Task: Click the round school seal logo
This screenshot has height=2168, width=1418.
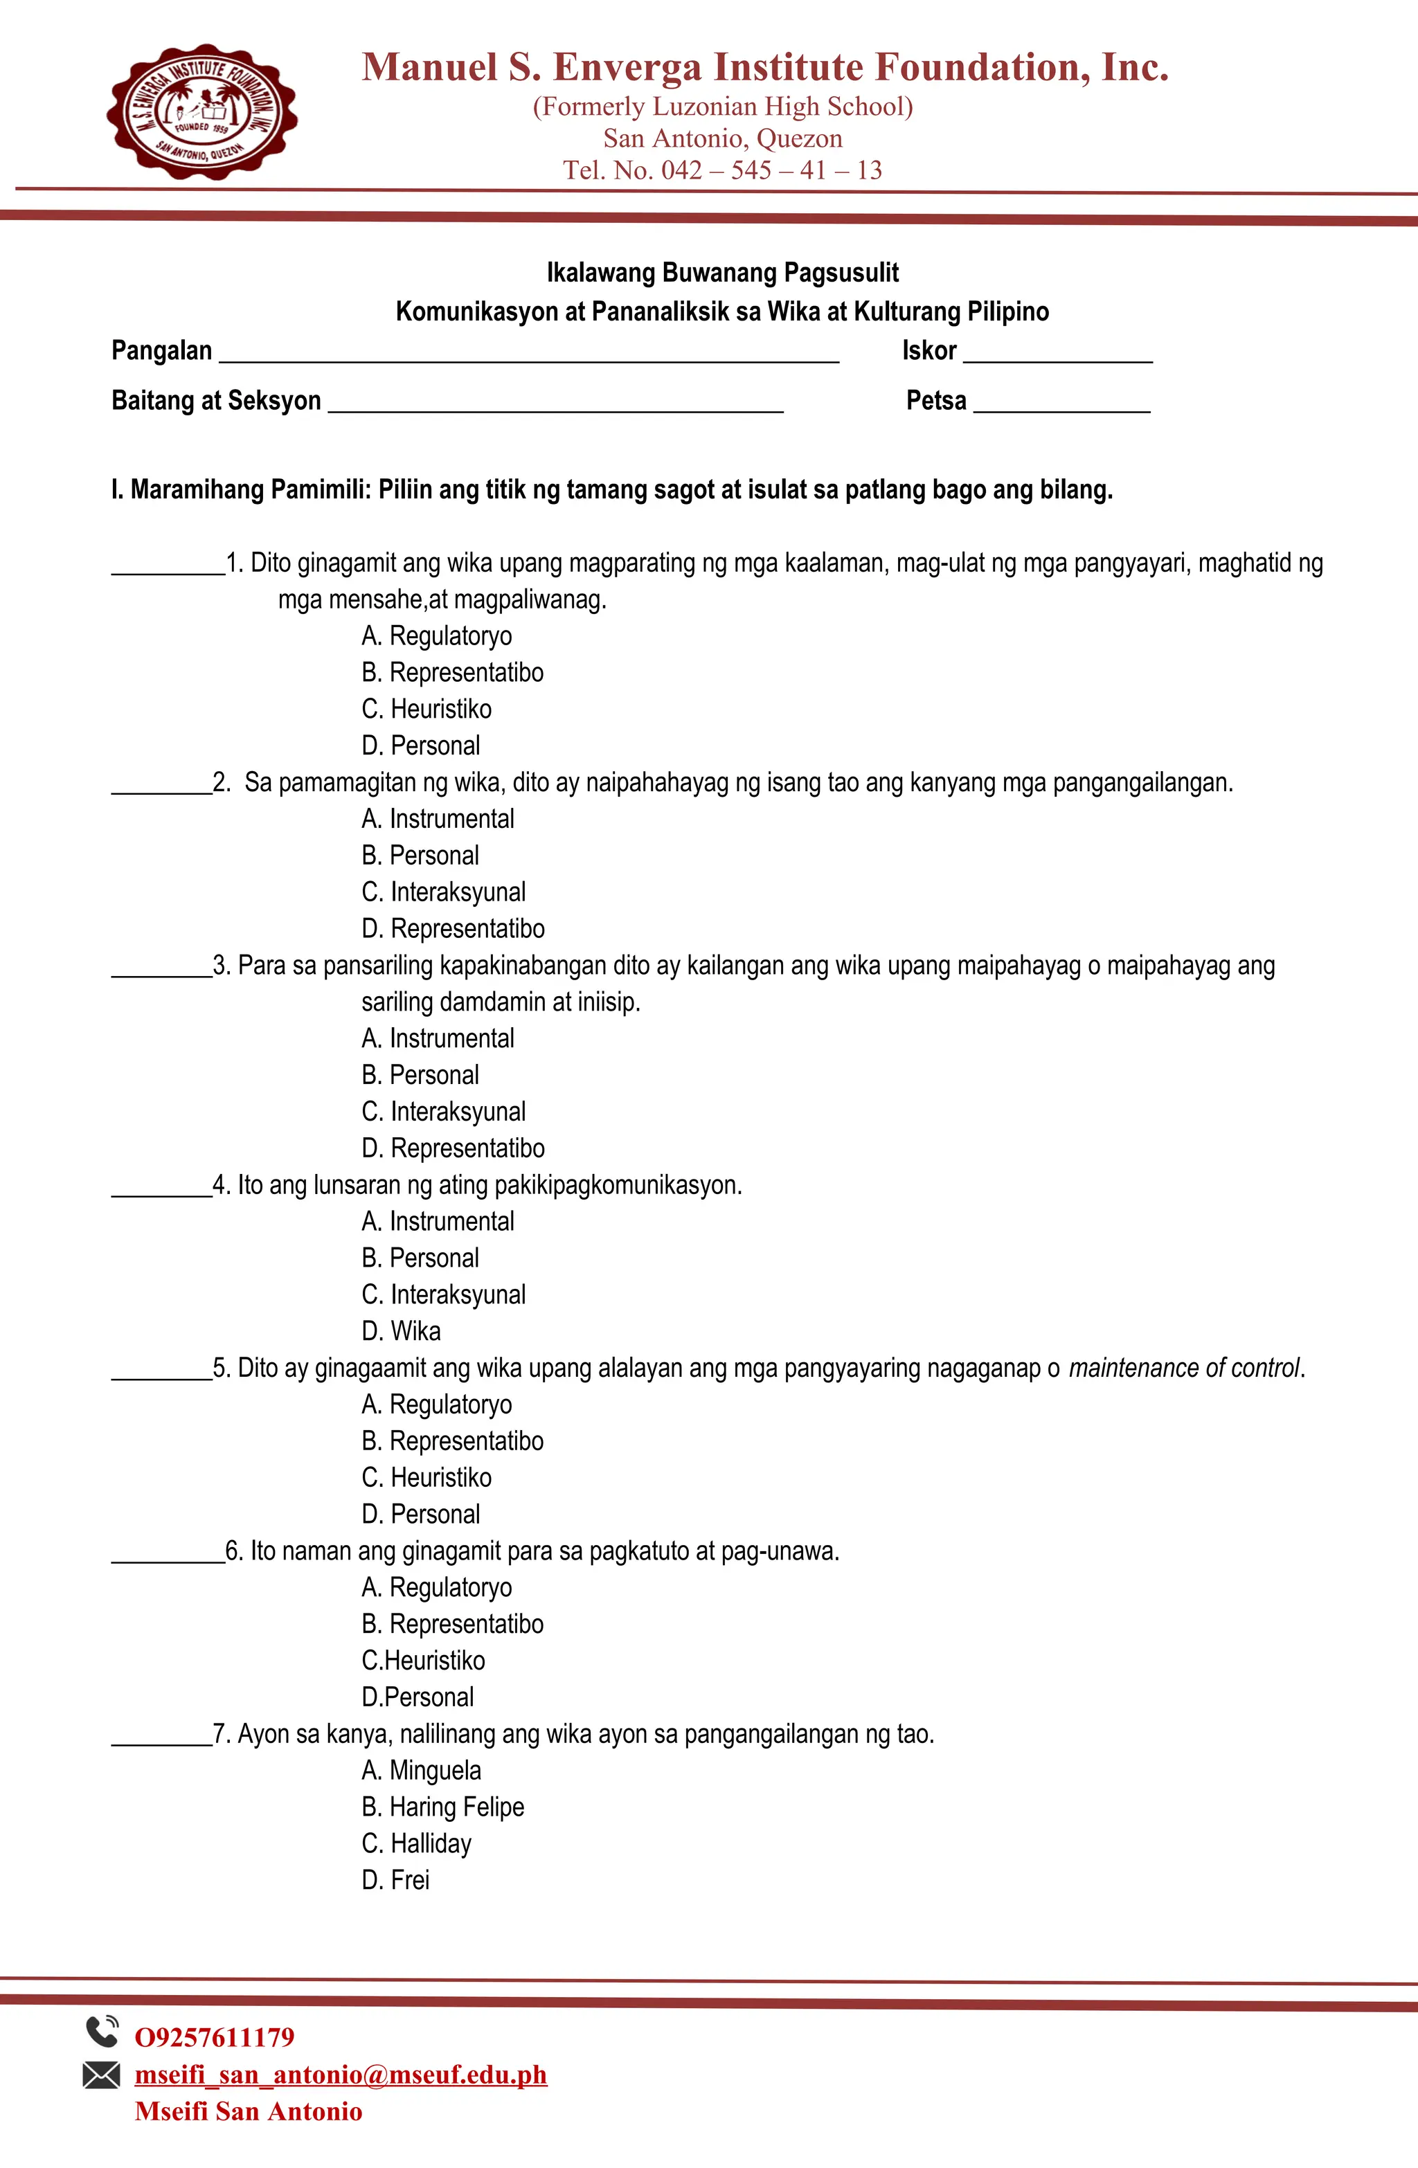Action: pyautogui.click(x=201, y=111)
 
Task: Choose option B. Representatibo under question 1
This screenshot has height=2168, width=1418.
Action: pyautogui.click(x=452, y=672)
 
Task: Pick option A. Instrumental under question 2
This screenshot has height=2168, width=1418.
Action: pyautogui.click(x=438, y=819)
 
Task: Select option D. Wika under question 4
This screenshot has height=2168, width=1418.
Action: pyautogui.click(x=401, y=1331)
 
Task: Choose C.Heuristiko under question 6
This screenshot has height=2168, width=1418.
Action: pyautogui.click(x=423, y=1661)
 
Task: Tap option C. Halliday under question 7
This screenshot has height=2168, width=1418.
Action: pyautogui.click(x=417, y=1844)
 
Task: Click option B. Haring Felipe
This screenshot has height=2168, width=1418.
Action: pyautogui.click(x=443, y=1807)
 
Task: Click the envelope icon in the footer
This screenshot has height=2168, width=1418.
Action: pyautogui.click(x=101, y=2075)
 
